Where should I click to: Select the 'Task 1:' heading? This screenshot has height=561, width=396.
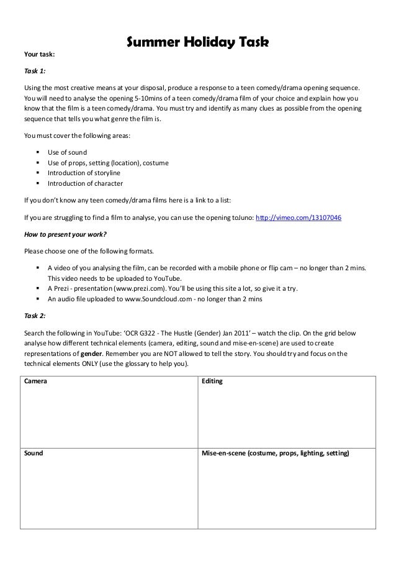tap(34, 71)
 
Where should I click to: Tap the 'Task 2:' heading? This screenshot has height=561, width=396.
tap(34, 316)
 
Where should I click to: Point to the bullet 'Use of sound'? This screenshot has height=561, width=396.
tap(68, 152)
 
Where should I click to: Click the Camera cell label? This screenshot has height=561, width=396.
tap(35, 381)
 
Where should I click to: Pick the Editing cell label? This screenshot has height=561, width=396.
tap(212, 381)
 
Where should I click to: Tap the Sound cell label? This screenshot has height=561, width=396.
tap(34, 454)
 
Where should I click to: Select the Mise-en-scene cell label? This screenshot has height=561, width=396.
tap(275, 454)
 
